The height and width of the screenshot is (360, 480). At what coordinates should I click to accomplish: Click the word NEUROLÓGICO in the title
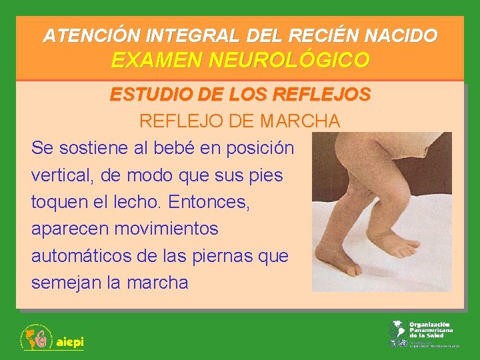pyautogui.click(x=289, y=60)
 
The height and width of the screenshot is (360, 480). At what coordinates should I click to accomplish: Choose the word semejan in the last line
pyautogui.click(x=65, y=282)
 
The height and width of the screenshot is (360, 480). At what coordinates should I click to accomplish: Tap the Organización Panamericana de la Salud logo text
pyautogui.click(x=430, y=330)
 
